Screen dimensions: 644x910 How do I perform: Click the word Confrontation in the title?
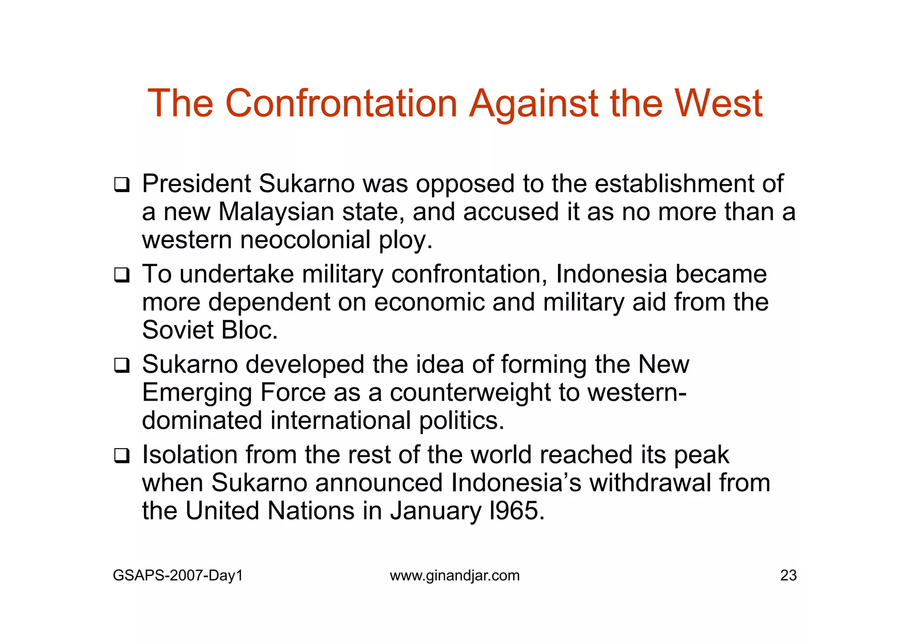(341, 104)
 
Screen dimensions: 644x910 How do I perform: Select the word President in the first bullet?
(196, 184)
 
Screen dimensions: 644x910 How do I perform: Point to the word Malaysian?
(276, 212)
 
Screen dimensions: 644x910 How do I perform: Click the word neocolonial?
(305, 240)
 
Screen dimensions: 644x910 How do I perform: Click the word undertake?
(236, 274)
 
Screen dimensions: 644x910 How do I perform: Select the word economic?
(429, 302)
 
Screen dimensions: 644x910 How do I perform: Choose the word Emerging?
(196, 393)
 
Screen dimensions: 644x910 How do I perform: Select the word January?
(435, 511)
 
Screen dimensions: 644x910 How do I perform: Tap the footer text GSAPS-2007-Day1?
(178, 576)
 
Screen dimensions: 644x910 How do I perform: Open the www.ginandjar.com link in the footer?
(455, 576)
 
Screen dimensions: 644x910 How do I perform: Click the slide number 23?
(788, 576)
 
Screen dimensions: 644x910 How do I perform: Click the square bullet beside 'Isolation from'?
(121, 456)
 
